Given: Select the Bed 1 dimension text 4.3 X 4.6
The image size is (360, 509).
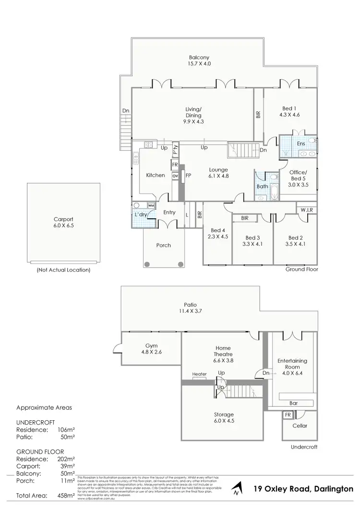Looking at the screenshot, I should pos(289,115).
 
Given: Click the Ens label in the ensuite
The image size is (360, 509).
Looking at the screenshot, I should pos(301,143).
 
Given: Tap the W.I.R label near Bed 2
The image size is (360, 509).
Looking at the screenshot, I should pos(306,210).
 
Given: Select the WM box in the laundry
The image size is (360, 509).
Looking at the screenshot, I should pos(151,206).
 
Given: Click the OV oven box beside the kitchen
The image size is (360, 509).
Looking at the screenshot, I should pos(175,176).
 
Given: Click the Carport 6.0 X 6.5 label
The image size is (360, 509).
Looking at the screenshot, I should pos(63,222).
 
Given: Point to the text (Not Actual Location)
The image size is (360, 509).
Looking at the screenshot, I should pos(63,270).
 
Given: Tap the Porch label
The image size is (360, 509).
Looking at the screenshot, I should pos(164,245).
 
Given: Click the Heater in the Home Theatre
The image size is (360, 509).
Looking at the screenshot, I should pos(199,374).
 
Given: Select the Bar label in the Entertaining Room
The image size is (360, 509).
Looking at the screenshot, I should pos(294,403).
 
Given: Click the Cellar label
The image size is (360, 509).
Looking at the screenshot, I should pos(300,426).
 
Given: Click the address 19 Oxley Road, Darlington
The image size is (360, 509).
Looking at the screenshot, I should pos(303,489).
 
